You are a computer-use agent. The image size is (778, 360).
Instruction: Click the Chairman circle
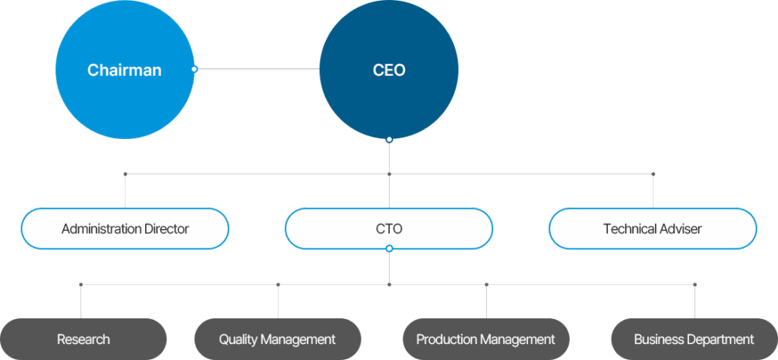click(x=125, y=70)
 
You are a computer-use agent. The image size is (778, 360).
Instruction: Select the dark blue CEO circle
click(x=389, y=70)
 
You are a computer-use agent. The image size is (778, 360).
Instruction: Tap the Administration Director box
click(x=125, y=229)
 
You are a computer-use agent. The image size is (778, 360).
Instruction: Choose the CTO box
click(x=389, y=229)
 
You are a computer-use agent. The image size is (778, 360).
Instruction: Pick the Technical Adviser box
click(x=653, y=229)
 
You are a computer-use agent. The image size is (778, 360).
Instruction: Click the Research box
click(x=83, y=339)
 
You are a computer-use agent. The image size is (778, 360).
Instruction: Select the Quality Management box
click(x=277, y=339)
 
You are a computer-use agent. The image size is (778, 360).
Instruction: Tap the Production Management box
click(x=485, y=339)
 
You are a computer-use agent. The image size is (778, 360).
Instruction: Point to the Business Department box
click(x=694, y=339)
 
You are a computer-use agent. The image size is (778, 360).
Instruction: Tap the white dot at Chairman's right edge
click(x=194, y=69)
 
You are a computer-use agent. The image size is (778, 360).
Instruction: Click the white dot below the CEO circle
click(x=389, y=140)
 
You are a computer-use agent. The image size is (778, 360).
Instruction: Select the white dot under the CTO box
click(x=389, y=248)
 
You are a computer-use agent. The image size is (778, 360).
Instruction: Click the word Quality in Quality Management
click(x=238, y=339)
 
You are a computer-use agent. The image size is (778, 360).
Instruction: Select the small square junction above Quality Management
click(x=278, y=285)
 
